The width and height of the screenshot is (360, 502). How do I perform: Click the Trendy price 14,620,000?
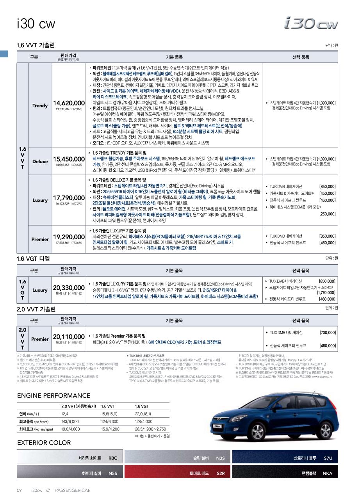(69, 103)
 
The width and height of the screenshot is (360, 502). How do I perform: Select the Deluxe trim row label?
(40, 161)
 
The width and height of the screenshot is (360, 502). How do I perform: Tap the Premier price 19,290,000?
(69, 237)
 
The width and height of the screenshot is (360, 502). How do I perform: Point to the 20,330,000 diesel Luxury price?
(69, 288)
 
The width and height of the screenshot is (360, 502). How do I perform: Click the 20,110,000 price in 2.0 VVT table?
(69, 336)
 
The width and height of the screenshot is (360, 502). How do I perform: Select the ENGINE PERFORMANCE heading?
(53, 395)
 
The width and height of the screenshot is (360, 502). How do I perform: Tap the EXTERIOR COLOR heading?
(44, 443)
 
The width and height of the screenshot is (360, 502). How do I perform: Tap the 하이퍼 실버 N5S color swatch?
(70, 474)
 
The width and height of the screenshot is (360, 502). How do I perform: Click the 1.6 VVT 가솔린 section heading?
(36, 45)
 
